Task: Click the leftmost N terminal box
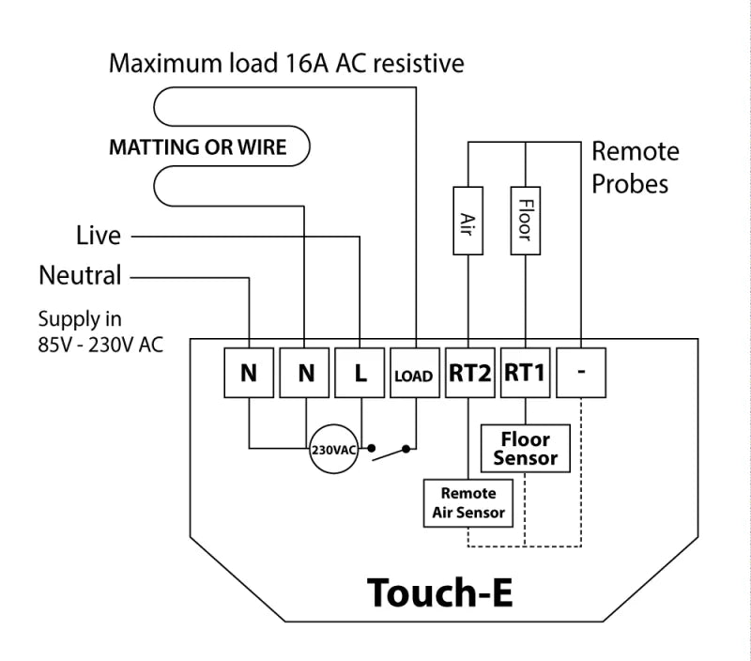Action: (249, 374)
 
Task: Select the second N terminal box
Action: (306, 374)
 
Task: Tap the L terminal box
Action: (360, 374)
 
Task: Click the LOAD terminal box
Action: (414, 375)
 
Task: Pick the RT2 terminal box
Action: (468, 374)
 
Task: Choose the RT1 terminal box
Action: (525, 374)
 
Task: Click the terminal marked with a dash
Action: (581, 374)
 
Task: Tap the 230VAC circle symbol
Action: (334, 450)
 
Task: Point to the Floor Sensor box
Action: (526, 449)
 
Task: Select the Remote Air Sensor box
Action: (468, 503)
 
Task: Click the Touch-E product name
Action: (439, 593)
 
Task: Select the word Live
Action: (99, 236)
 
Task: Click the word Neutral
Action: (80, 276)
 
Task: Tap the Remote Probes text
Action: (636, 167)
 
